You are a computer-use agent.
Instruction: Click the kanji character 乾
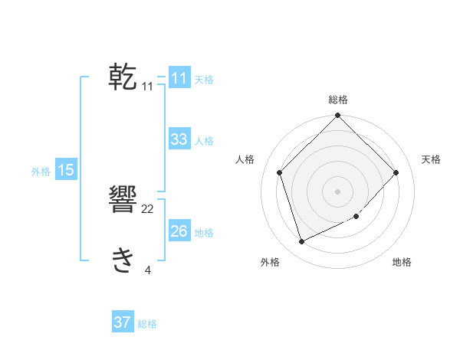pos(123,77)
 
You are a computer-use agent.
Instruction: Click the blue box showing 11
pos(179,78)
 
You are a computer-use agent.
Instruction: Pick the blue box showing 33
pos(179,139)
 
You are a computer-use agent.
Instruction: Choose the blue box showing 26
pos(179,231)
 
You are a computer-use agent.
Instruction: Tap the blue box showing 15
pos(66,170)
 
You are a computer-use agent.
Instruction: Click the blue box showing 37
pos(122,322)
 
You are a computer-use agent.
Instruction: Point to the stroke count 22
pos(148,209)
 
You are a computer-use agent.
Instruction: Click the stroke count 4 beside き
pos(148,269)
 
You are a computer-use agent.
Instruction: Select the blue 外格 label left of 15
pos(41,172)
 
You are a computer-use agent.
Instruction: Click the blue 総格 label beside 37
pos(147,324)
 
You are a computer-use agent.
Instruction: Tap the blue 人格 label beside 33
pos(204,141)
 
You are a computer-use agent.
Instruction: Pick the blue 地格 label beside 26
pos(204,233)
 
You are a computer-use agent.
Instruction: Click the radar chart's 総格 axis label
pos(338,100)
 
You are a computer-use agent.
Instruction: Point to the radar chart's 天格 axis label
pos(431,159)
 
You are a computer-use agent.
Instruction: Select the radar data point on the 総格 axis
pos(338,116)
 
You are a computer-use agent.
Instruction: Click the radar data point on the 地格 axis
pos(356,216)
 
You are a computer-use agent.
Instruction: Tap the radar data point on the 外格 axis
pos(302,241)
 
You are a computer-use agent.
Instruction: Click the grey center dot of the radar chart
pos(338,191)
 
